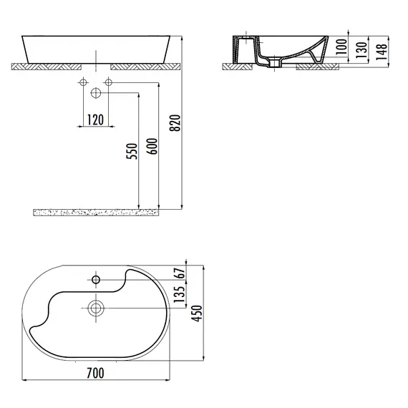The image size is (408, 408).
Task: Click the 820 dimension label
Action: coord(175,123)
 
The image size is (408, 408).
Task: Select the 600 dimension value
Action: coord(152,146)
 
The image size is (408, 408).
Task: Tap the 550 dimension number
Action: coord(132,151)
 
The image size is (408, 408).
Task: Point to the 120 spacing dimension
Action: coord(95,120)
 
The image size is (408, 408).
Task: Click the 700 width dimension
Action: coord(95,373)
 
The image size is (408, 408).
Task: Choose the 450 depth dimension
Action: coord(197,314)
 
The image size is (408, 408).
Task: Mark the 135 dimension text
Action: coord(179,294)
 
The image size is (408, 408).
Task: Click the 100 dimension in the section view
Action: coord(341,47)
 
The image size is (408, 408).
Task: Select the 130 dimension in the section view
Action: coord(361,50)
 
